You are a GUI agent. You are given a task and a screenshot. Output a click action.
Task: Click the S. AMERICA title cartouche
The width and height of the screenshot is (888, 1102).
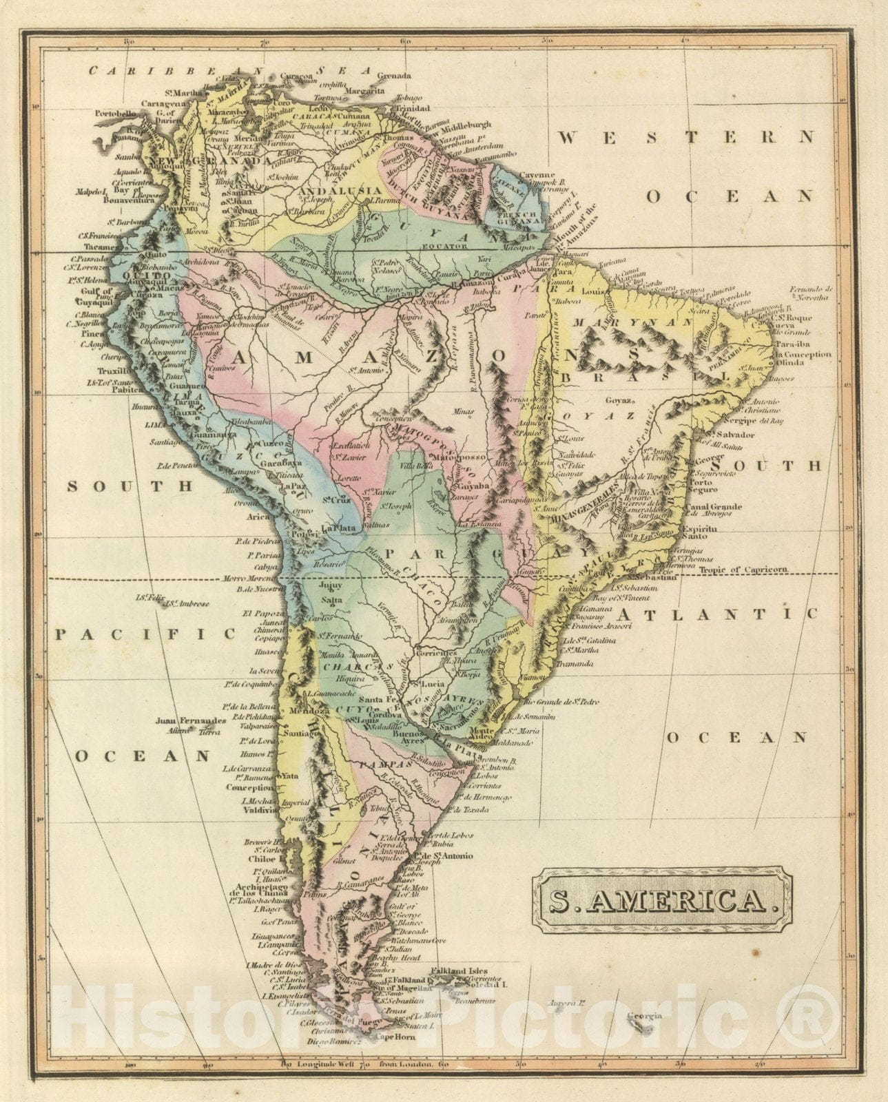tap(662, 900)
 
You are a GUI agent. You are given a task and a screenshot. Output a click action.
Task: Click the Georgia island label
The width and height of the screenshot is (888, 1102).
tap(644, 1016)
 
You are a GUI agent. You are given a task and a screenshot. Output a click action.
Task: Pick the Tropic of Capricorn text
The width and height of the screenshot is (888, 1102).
tap(743, 570)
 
